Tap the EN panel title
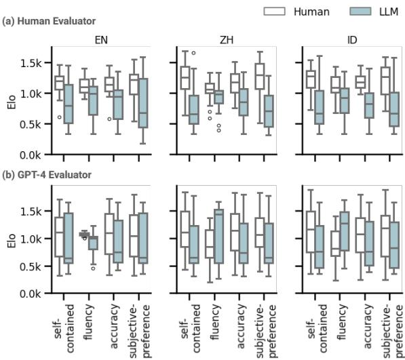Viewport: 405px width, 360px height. (103, 39)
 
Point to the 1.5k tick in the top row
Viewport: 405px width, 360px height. (33, 63)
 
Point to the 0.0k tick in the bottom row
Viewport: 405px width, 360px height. (33, 294)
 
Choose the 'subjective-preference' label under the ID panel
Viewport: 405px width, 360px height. (392, 328)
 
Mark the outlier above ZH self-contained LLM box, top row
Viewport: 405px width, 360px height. (193, 52)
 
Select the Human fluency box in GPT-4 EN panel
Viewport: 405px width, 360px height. (84, 234)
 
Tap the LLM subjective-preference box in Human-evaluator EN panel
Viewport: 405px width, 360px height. (142, 103)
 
